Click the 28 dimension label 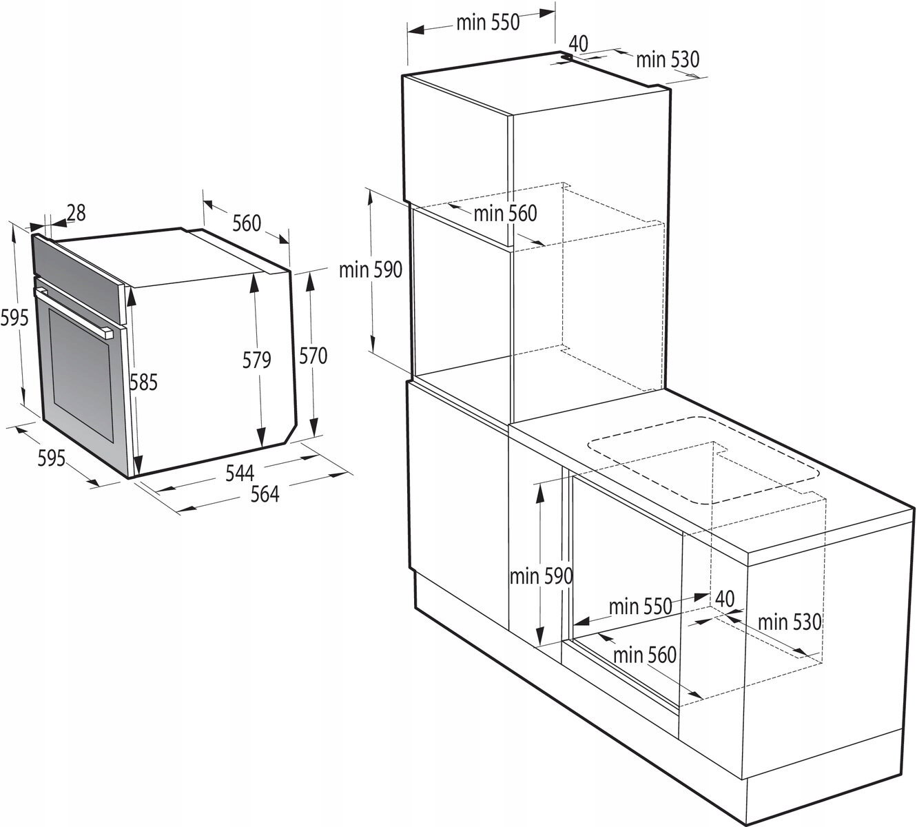pos(76,213)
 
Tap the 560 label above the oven pos(247,223)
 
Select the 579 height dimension pos(256,360)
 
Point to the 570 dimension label pos(313,356)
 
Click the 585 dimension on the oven pos(143,382)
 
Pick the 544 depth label pos(240,473)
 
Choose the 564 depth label pos(265,494)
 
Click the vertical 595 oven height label pos(14,318)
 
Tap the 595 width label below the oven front pos(51,458)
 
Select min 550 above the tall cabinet pos(488,23)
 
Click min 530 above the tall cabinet pos(668,59)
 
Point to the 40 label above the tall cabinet pos(578,44)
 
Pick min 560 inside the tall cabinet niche pos(505,214)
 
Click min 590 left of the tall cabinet pos(370,270)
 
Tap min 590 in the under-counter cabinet pos(542,576)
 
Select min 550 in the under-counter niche pos(641,606)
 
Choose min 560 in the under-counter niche pos(645,655)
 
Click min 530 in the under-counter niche pos(790,622)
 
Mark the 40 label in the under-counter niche pos(725,599)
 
